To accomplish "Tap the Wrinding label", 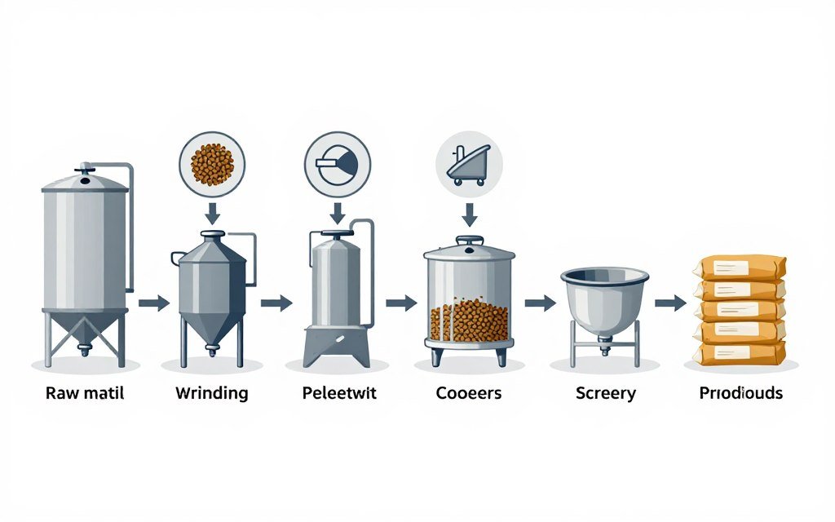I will point(212,393).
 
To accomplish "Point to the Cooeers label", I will point(469,393).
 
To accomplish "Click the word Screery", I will point(605,393).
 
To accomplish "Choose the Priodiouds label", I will point(740,393).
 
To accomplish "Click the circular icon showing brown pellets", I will point(212,163).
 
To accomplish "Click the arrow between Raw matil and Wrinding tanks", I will point(152,303).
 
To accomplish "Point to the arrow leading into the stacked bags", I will point(670,303).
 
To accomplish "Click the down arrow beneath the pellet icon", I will point(212,214).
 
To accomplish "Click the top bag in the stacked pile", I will point(740,268).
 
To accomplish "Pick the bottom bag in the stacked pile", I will point(740,352).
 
